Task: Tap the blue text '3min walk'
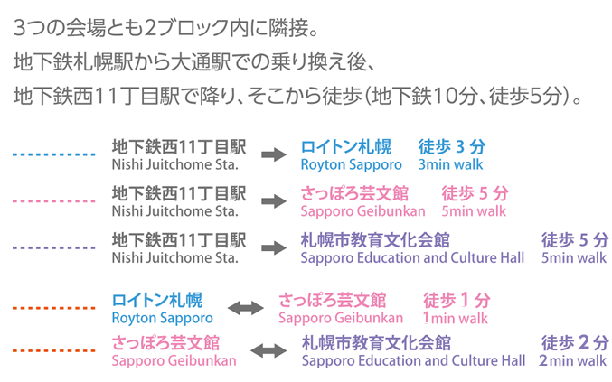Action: (x=450, y=165)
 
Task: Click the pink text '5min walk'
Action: (x=474, y=211)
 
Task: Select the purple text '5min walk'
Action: (x=574, y=257)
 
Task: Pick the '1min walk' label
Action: (x=455, y=318)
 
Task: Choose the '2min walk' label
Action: (x=572, y=360)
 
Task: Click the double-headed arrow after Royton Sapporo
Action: (x=246, y=309)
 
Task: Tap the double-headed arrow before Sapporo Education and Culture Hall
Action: (x=268, y=351)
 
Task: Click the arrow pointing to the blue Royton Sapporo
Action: (x=273, y=155)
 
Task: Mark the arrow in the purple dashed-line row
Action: (x=273, y=247)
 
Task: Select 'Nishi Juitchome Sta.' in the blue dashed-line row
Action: (x=175, y=165)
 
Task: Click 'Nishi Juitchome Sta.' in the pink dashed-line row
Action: (x=175, y=211)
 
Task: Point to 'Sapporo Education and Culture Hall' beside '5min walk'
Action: (x=413, y=257)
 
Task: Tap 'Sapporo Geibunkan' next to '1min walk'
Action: (x=341, y=318)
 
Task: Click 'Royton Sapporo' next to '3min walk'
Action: (x=351, y=165)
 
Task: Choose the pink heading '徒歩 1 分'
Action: (x=457, y=300)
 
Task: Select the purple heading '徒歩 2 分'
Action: (x=574, y=342)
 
